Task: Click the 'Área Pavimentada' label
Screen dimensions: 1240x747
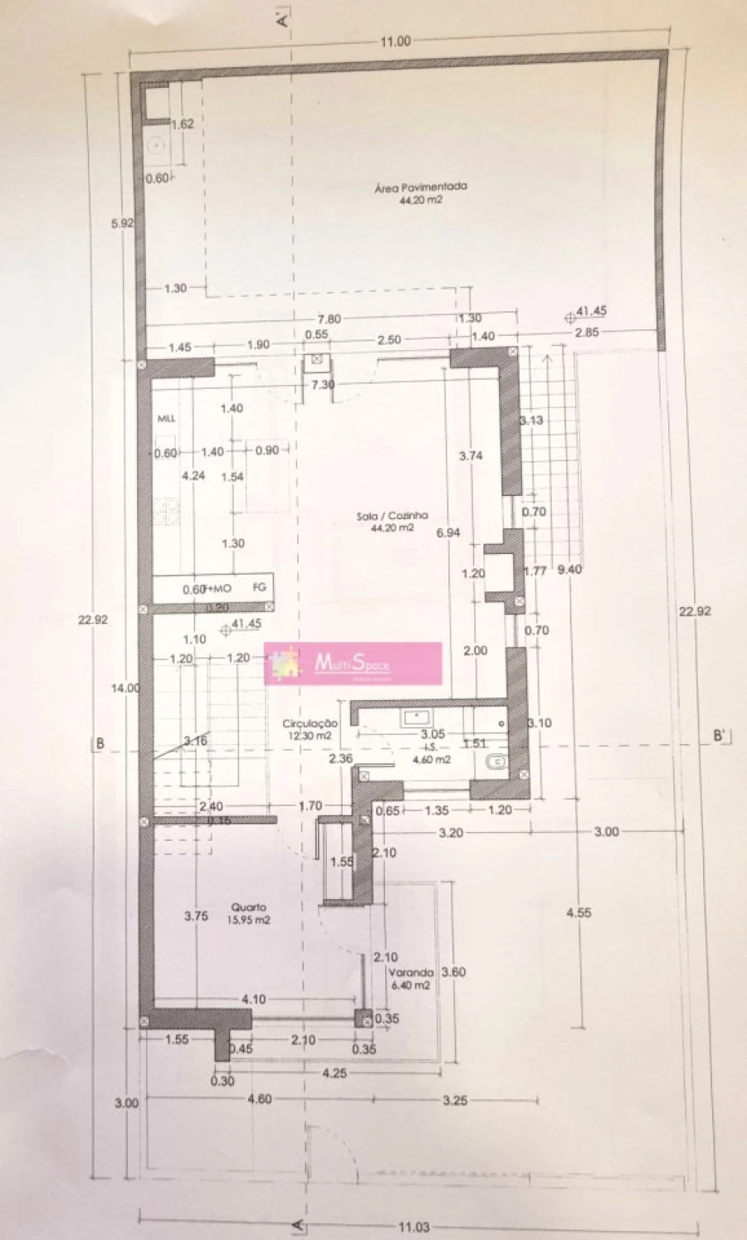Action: (x=420, y=187)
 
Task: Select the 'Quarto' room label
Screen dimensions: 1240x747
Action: (x=248, y=907)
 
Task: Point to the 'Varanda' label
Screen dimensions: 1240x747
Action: (x=410, y=972)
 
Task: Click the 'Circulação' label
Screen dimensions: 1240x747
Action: (x=310, y=723)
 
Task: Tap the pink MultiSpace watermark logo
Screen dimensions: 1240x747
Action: (x=353, y=663)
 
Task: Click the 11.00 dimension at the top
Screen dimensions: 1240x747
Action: (x=396, y=41)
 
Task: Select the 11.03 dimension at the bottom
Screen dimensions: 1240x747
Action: (x=413, y=1226)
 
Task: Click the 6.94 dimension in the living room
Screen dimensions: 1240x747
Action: (x=449, y=533)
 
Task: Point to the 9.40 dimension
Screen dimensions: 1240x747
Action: (x=569, y=569)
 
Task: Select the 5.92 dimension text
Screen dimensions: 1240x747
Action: (x=122, y=223)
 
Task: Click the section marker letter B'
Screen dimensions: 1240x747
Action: (x=720, y=736)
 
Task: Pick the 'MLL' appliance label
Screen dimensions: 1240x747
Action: (x=166, y=419)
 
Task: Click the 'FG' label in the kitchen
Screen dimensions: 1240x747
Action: (x=259, y=586)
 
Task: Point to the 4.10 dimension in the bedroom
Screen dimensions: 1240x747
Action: (x=253, y=999)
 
